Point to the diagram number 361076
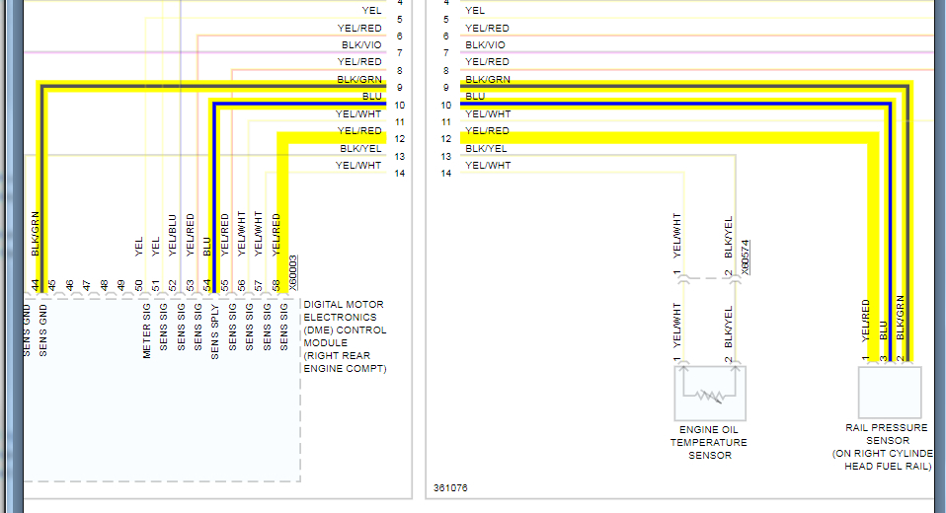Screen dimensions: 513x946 pos(452,487)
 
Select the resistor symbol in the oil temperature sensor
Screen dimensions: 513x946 pos(709,395)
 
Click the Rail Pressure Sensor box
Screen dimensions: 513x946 pos(889,393)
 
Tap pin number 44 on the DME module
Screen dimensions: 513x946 pos(36,285)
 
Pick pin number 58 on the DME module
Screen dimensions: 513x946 pos(276,285)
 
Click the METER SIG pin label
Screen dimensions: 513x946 pos(146,330)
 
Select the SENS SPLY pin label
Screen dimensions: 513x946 pos(215,330)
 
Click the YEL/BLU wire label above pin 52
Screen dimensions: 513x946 pos(173,236)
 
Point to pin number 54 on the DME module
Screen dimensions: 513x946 pos(207,285)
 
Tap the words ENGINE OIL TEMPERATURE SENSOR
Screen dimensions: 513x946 pos(710,442)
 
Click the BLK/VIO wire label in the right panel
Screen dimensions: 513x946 pos(486,44)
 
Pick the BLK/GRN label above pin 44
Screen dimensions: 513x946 pos(36,234)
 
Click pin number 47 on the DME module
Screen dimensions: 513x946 pos(87,285)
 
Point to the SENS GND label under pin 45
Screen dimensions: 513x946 pos(43,330)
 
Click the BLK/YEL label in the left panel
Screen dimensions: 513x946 pos(360,148)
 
